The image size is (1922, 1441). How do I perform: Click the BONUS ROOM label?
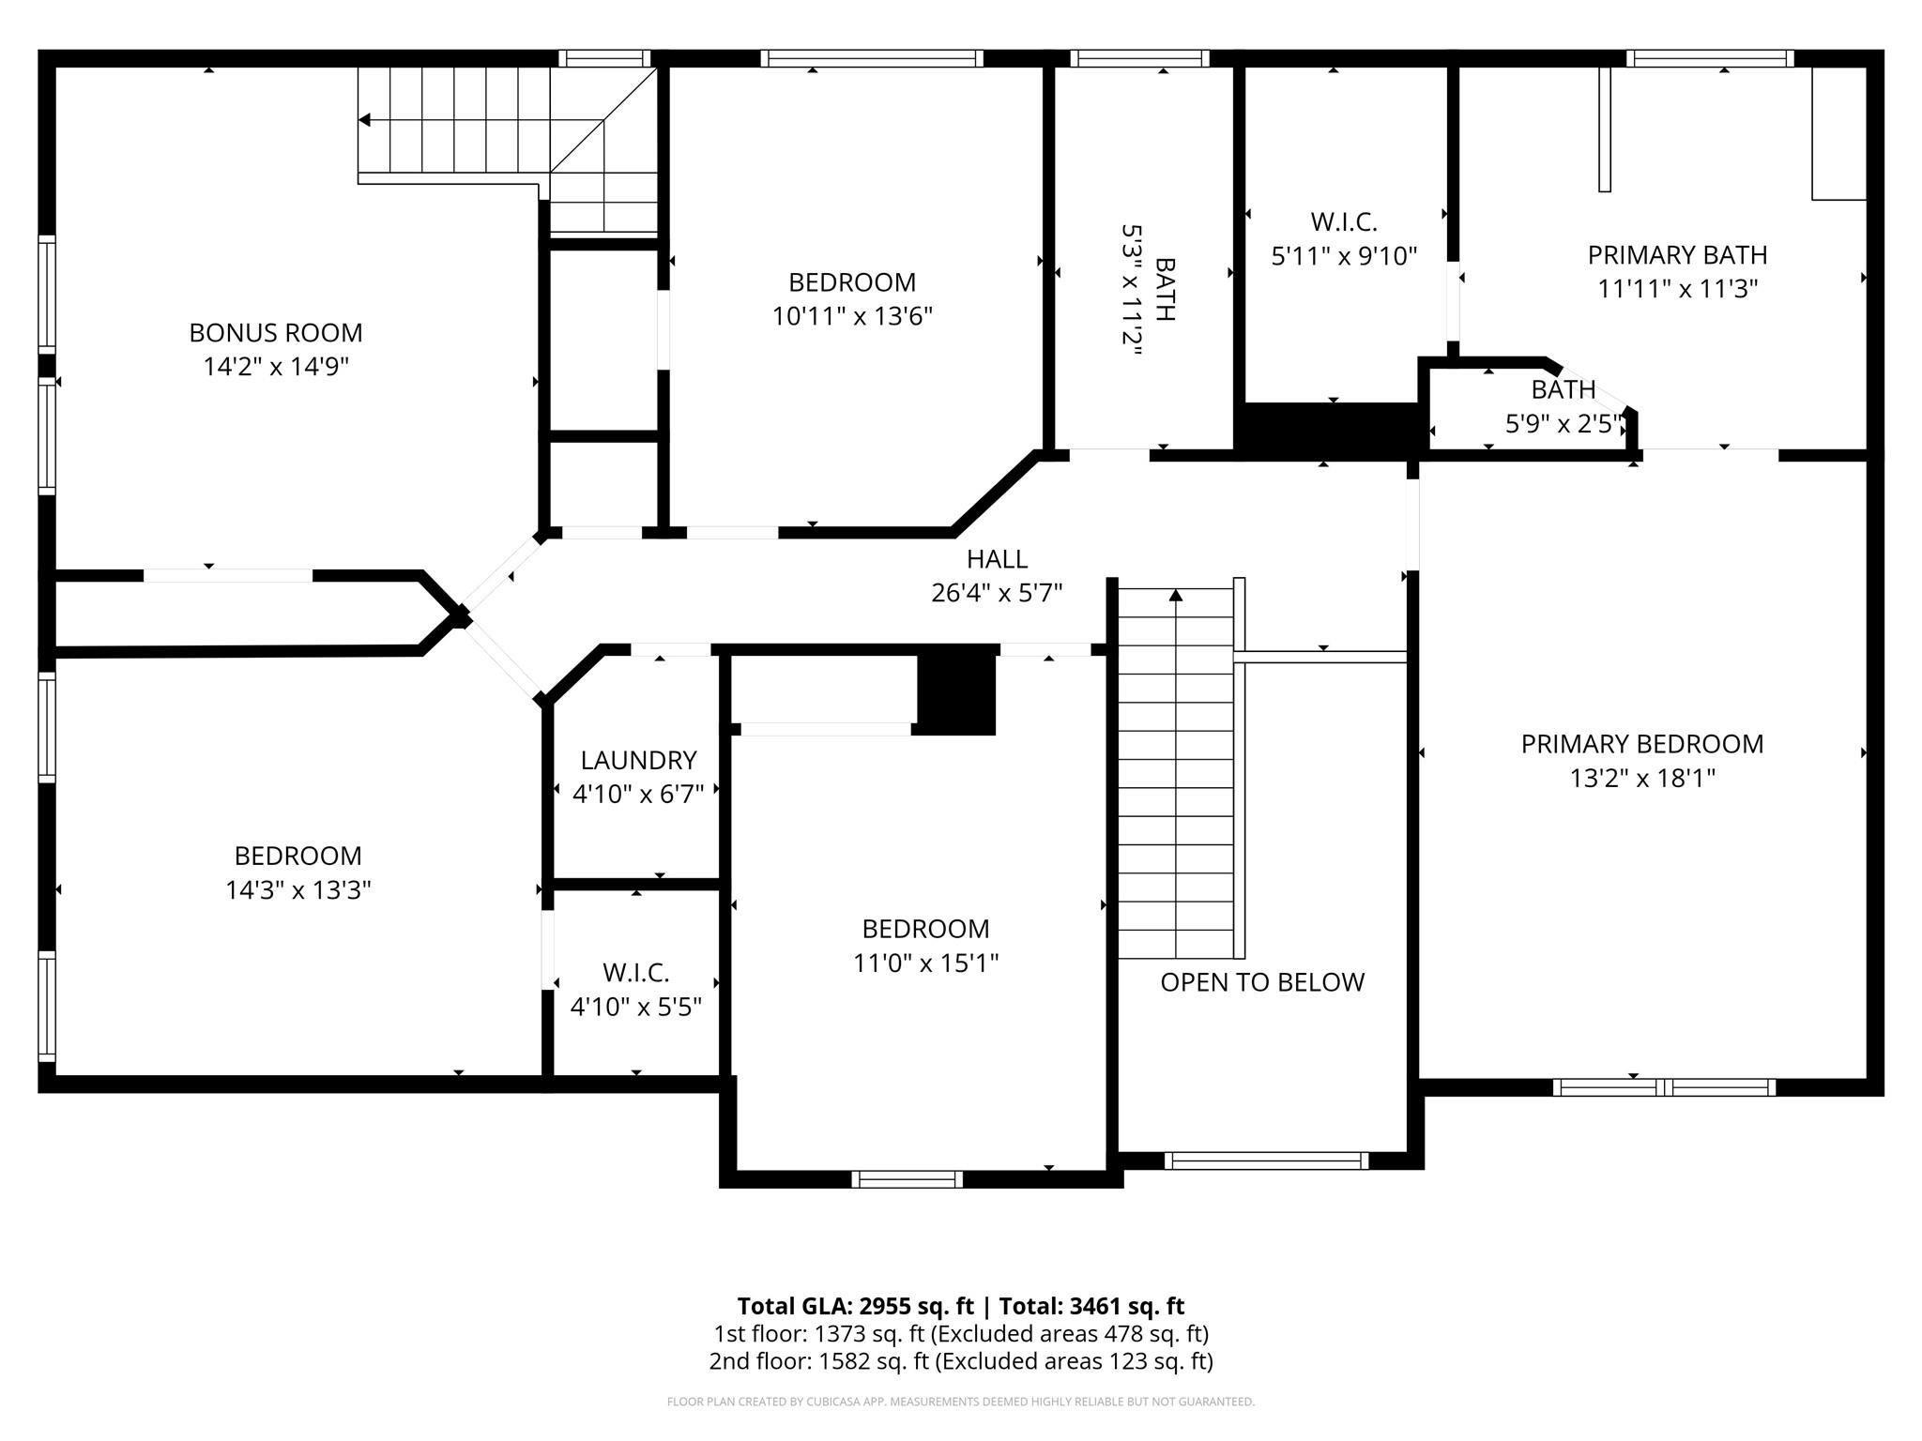point(275,333)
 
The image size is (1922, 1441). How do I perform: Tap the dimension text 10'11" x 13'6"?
point(852,316)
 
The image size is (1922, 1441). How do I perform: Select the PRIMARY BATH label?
point(1677,255)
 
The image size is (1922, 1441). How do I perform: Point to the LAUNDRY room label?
point(638,760)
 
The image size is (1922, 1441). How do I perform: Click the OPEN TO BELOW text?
point(1261,982)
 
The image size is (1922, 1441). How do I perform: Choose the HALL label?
point(997,559)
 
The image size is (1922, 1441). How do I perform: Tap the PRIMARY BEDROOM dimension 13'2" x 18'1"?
point(1641,778)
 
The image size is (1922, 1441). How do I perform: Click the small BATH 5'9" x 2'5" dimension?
point(1564,424)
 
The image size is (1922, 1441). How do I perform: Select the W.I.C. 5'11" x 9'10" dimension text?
point(1343,256)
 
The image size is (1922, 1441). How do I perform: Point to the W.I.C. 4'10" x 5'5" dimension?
point(635,1007)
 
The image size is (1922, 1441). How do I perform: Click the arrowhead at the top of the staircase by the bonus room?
point(365,120)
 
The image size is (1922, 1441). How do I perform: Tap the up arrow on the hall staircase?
point(1175,595)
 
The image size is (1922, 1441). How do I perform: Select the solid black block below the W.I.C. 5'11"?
point(1328,430)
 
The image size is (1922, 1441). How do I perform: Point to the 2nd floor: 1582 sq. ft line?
point(960,1361)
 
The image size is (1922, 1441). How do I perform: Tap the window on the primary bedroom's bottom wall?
point(1663,1087)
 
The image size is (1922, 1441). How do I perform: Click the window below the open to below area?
point(1265,1160)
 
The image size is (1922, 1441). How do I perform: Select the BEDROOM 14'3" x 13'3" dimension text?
point(297,890)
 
